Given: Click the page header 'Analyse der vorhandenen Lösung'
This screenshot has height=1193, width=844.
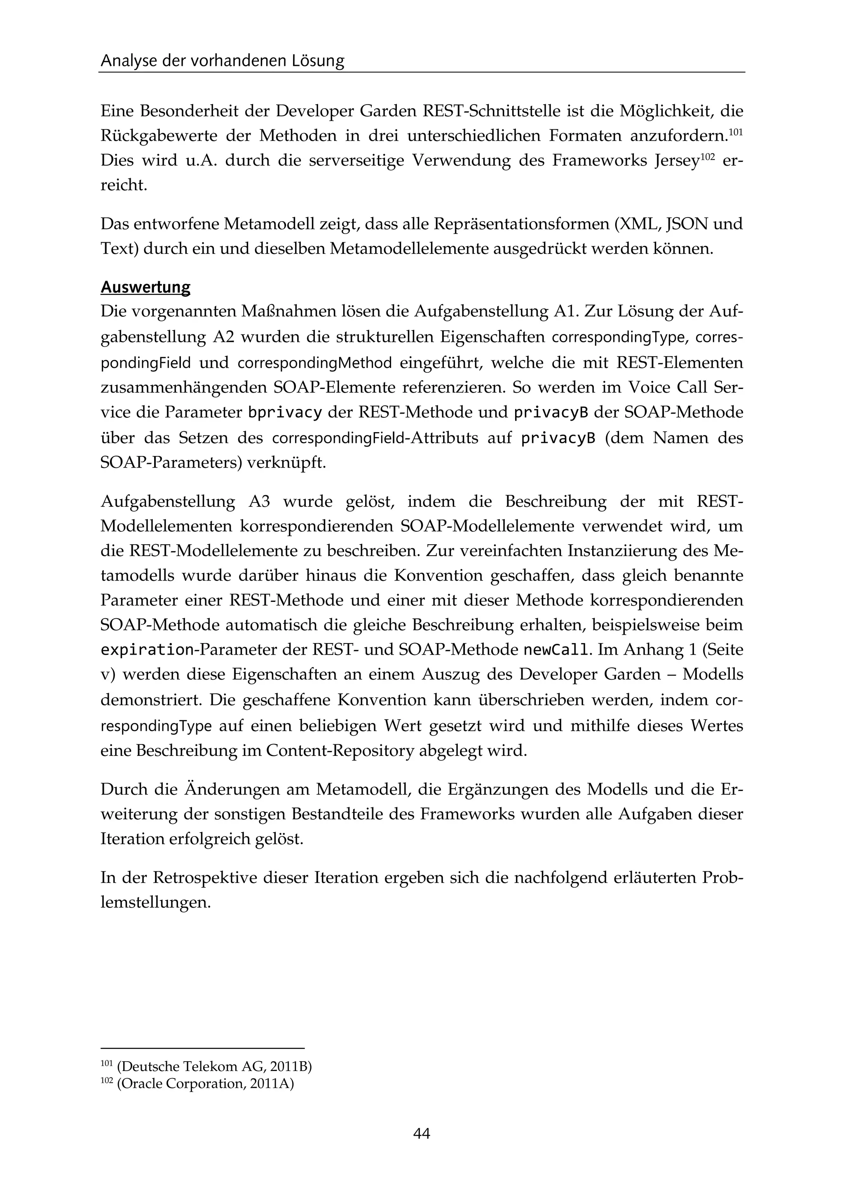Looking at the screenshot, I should click(223, 61).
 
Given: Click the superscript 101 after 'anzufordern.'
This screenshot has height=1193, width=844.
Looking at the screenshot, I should click(735, 132).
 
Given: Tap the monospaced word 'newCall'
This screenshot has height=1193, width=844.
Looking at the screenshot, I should click(556, 650).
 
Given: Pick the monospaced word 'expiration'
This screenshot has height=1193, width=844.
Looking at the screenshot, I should click(147, 650).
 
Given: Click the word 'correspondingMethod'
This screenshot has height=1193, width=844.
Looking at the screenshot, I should click(314, 363).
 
